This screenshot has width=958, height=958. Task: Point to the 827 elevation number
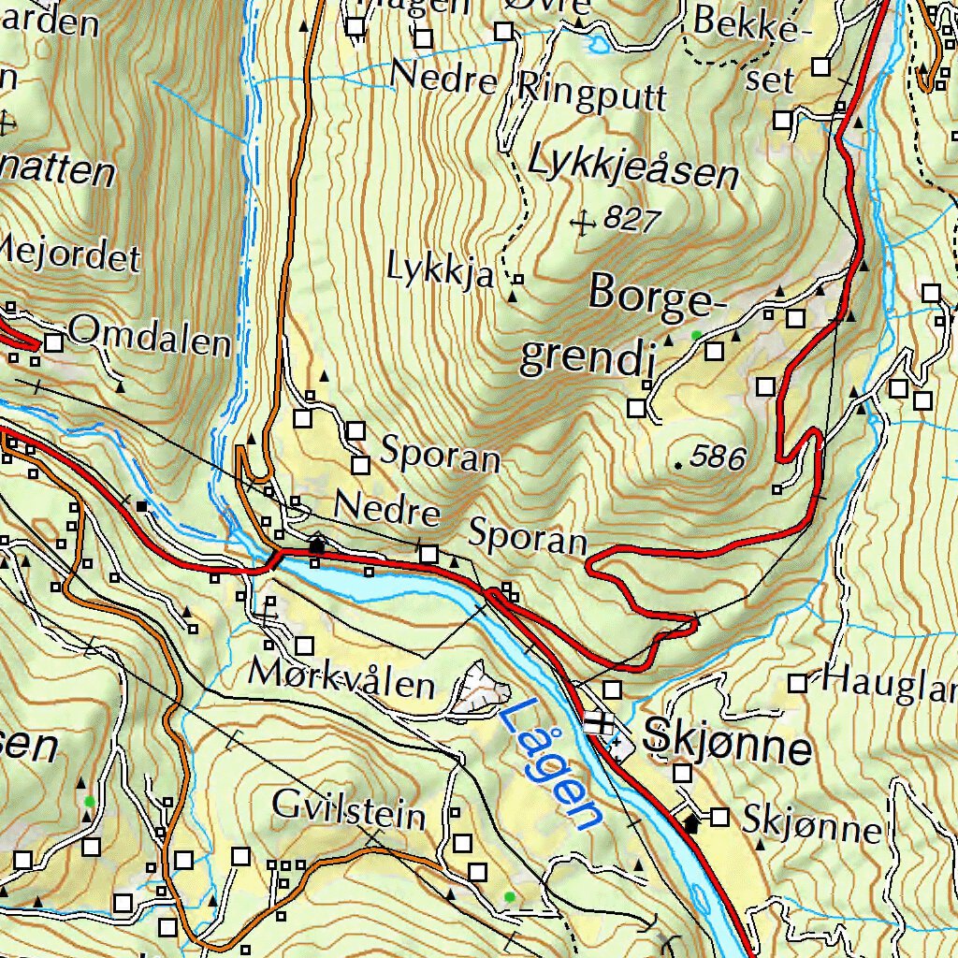(x=632, y=220)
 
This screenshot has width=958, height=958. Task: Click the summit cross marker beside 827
(x=584, y=223)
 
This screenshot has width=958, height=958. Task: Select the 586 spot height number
(x=718, y=458)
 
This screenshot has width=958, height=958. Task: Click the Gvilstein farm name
(x=349, y=809)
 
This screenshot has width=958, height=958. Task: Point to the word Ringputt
(x=591, y=94)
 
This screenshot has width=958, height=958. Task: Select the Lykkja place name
(x=440, y=270)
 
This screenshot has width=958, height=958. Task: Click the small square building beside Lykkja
(x=517, y=279)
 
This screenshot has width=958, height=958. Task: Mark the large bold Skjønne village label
(x=727, y=747)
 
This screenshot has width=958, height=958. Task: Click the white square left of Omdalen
(x=53, y=343)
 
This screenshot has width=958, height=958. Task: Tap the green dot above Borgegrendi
(x=695, y=334)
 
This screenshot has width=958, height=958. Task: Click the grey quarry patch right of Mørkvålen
(x=482, y=690)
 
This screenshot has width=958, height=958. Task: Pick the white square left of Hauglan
(x=797, y=684)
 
